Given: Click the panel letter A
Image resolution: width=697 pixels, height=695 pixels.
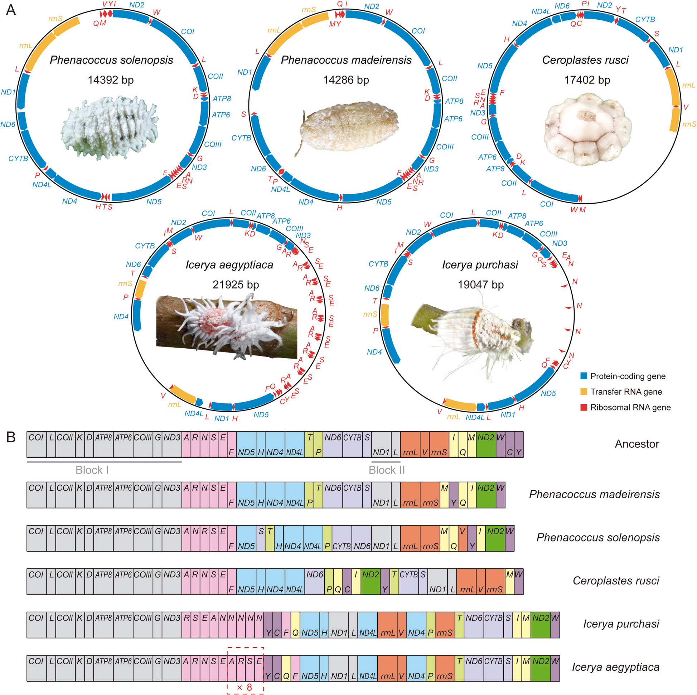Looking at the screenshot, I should click(x=11, y=10).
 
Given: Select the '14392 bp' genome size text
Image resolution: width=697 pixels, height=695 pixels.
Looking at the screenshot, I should click(x=110, y=80).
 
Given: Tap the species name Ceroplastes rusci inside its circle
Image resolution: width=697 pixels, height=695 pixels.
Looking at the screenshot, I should click(x=585, y=60).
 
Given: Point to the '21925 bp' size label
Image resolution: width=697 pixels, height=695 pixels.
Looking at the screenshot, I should click(x=236, y=285).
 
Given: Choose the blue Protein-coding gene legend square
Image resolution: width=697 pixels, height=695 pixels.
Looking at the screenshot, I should click(x=584, y=376).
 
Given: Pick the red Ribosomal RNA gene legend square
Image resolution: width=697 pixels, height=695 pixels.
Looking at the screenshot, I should click(x=584, y=407).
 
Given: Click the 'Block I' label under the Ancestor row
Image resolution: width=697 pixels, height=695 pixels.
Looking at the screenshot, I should click(x=92, y=470).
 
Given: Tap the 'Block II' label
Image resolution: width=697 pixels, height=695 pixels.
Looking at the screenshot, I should click(x=386, y=470).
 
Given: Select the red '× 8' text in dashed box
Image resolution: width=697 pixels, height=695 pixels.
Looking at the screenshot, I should click(x=245, y=687).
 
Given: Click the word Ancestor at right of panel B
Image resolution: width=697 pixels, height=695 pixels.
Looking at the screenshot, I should click(x=637, y=444).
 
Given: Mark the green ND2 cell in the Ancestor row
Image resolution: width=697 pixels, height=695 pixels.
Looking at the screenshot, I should click(x=486, y=444).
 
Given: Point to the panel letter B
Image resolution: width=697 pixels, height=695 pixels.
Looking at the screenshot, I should click(x=11, y=437).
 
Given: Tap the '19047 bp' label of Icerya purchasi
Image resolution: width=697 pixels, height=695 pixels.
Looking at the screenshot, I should click(x=480, y=285).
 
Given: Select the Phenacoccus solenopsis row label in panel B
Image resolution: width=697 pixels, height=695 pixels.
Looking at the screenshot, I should click(x=598, y=538).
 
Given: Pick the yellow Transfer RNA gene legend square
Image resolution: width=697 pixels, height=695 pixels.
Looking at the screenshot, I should click(x=584, y=392).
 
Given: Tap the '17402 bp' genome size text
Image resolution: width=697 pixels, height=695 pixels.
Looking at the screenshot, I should click(x=587, y=80).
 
